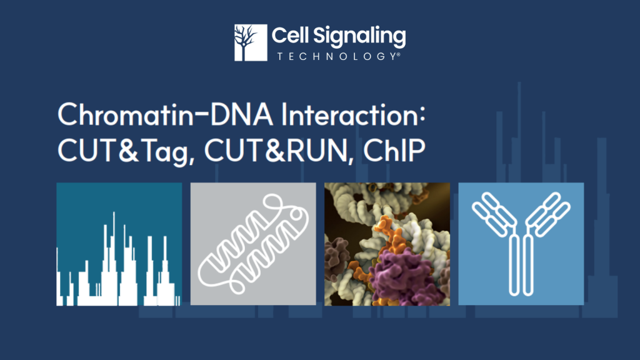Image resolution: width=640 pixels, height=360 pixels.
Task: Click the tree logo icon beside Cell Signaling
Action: click(251, 42)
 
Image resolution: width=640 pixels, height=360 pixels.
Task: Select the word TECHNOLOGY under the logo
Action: click(336, 56)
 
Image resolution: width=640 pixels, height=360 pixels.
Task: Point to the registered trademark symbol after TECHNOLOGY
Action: click(398, 54)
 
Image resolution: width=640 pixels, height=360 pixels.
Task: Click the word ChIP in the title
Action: click(394, 150)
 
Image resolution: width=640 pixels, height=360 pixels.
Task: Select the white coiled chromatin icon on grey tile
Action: click(253, 244)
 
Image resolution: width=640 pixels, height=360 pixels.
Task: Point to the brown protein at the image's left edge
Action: click(336, 256)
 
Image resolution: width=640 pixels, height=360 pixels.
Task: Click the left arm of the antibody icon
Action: click(494, 214)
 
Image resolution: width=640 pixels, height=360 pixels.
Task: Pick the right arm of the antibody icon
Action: click(548, 214)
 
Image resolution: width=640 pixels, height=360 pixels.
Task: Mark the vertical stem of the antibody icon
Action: click(521, 265)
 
